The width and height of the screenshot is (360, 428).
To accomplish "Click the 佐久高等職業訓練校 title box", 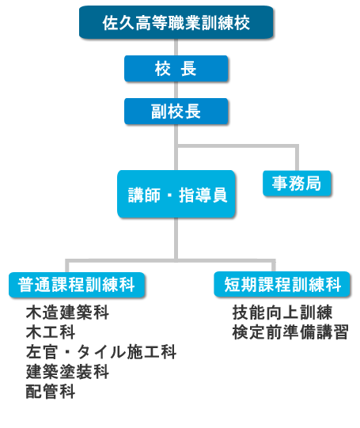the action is pyautogui.click(x=176, y=22).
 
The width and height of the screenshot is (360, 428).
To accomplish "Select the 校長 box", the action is pyautogui.click(x=176, y=69).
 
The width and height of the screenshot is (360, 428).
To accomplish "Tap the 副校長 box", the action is pyautogui.click(x=176, y=112).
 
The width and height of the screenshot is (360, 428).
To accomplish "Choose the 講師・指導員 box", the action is pyautogui.click(x=176, y=194).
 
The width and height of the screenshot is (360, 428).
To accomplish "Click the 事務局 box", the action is pyautogui.click(x=297, y=184).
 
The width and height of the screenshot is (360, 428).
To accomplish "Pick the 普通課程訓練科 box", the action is pyautogui.click(x=77, y=285).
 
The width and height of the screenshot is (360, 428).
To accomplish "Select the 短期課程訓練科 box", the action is pyautogui.click(x=282, y=284).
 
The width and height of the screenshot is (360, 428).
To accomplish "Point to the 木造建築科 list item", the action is pyautogui.click(x=67, y=312).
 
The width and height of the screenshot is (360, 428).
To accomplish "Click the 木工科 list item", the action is pyautogui.click(x=51, y=332).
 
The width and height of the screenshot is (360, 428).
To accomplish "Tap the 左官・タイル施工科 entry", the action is pyautogui.click(x=101, y=352).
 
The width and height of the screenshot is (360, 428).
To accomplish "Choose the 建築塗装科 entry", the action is pyautogui.click(x=67, y=372).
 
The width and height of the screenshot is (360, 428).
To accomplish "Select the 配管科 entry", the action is pyautogui.click(x=51, y=392).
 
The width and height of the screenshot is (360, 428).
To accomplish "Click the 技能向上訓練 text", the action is pyautogui.click(x=282, y=312).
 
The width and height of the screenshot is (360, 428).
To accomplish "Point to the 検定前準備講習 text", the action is pyautogui.click(x=290, y=332).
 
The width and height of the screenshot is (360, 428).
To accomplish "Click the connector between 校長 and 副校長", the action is pyautogui.click(x=176, y=90).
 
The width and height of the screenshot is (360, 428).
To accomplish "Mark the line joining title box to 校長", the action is pyautogui.click(x=176, y=47).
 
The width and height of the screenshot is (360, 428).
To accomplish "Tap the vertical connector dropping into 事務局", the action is pyautogui.click(x=297, y=158).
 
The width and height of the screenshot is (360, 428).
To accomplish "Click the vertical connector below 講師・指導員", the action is pyautogui.click(x=176, y=239).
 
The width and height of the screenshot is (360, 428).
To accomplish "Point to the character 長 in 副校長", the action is pyautogui.click(x=193, y=112).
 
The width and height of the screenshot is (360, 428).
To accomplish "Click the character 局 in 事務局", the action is pyautogui.click(x=313, y=184).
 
